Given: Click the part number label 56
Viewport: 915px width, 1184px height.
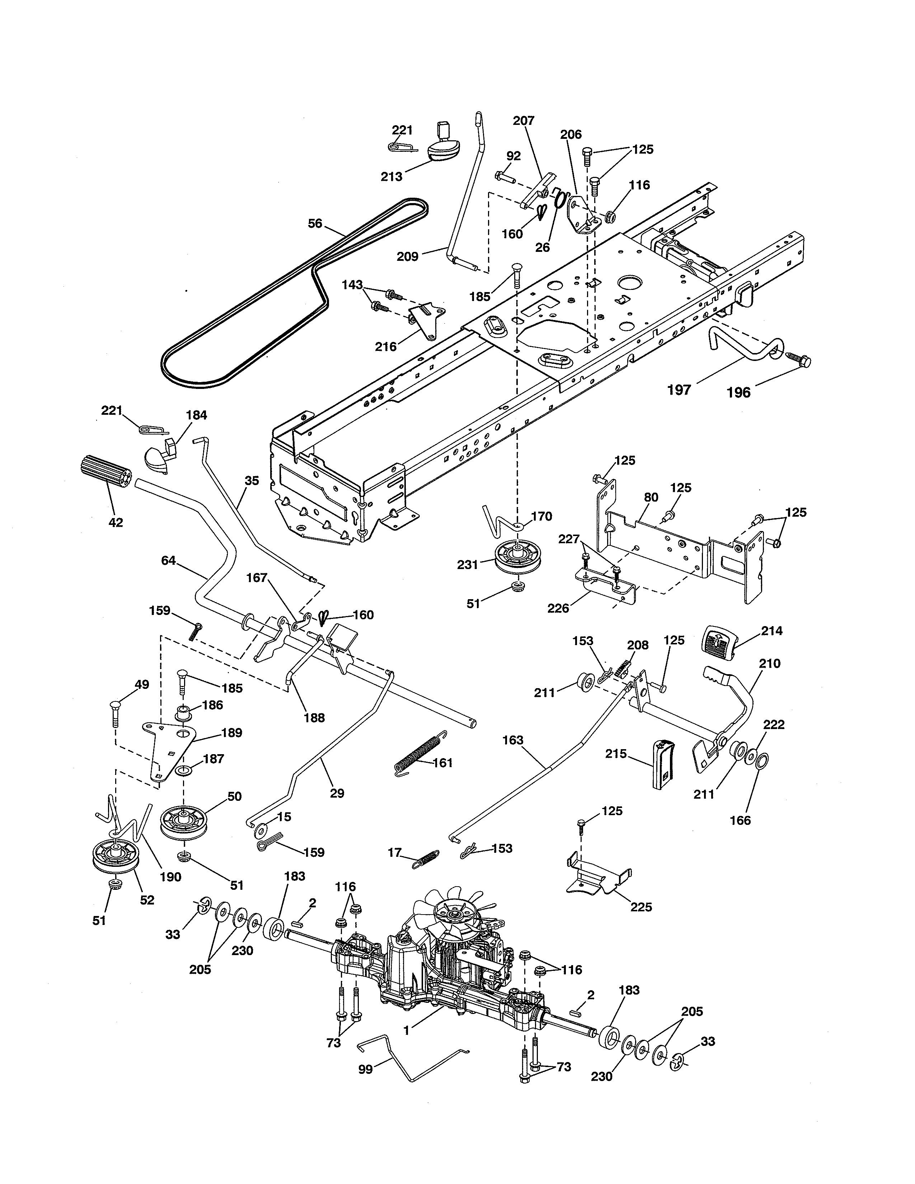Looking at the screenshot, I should [x=315, y=224].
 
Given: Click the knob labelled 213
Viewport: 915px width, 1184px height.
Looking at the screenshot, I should [x=444, y=149].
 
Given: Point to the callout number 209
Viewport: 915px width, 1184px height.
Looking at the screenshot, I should [x=408, y=257].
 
